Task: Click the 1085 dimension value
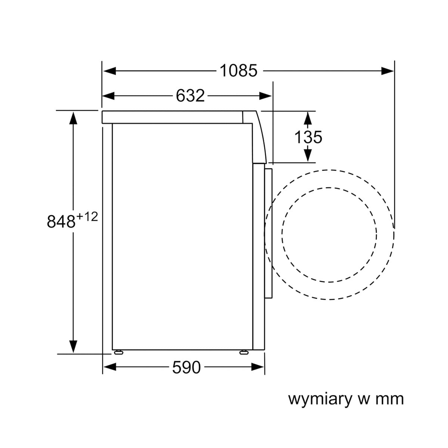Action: (x=239, y=71)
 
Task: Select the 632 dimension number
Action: (x=190, y=96)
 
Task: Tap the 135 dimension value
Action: (x=308, y=137)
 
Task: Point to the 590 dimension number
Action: (x=186, y=367)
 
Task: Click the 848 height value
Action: (x=61, y=221)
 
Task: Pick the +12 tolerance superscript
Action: (x=87, y=217)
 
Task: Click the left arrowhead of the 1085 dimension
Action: (x=109, y=71)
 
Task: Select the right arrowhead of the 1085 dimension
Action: (x=387, y=71)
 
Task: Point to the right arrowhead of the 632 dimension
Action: (x=265, y=96)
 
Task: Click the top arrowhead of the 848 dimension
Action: (x=73, y=118)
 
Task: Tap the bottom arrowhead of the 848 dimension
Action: (x=73, y=347)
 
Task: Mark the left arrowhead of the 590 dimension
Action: (x=109, y=367)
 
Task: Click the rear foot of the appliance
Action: (x=119, y=352)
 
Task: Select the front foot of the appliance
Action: (x=244, y=352)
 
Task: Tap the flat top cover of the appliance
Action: (x=172, y=117)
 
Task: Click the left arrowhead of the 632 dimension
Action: (x=108, y=96)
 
